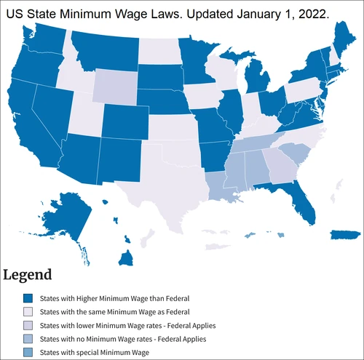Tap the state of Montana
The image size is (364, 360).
click(x=106, y=50)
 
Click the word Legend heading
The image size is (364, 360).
click(x=28, y=275)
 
